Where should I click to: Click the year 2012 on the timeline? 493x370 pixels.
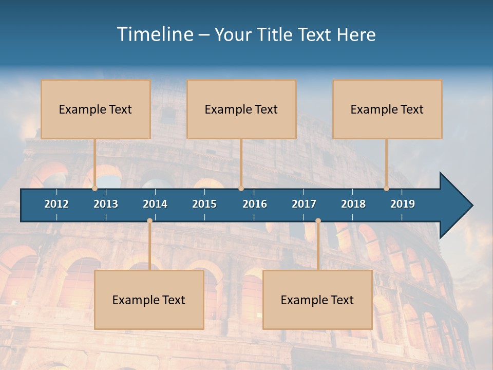[56, 204]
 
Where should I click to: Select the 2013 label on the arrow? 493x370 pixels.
[106, 204]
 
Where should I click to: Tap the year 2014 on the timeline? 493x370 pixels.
[155, 204]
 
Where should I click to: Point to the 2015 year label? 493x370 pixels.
[204, 204]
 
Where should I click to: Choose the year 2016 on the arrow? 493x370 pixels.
[255, 204]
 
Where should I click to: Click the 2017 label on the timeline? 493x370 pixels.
[304, 204]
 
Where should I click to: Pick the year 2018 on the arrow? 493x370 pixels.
[353, 204]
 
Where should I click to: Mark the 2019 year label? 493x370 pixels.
[403, 204]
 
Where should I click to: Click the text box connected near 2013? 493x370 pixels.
[96, 109]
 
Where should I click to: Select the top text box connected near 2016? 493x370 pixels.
[241, 109]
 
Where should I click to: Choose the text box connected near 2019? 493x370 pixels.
[387, 109]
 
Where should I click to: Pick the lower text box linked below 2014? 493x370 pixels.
[149, 300]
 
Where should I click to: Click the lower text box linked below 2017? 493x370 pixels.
[317, 300]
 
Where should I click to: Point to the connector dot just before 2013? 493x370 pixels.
[95, 188]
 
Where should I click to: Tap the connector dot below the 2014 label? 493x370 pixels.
[149, 220]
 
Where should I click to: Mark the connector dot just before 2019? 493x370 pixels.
[387, 188]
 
